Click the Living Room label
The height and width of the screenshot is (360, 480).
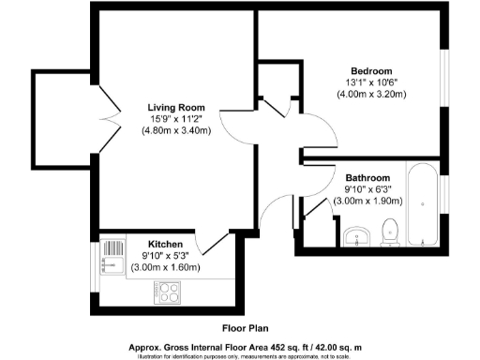176,106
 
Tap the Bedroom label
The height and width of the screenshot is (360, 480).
371,71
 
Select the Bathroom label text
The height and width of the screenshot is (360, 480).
367,178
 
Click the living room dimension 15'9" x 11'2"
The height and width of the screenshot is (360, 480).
176,118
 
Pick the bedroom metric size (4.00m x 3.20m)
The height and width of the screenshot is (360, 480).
371,95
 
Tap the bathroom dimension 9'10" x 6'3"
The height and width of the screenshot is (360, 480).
367,189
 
